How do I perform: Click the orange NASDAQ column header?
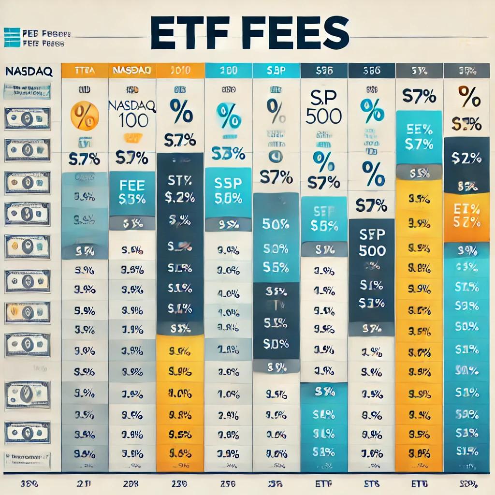point(132,71)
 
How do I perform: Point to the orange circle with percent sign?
point(85,116)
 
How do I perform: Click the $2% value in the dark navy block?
point(466,158)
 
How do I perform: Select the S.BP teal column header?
point(276,71)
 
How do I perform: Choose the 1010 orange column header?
point(180,71)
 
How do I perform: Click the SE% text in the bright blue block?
point(419,130)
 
